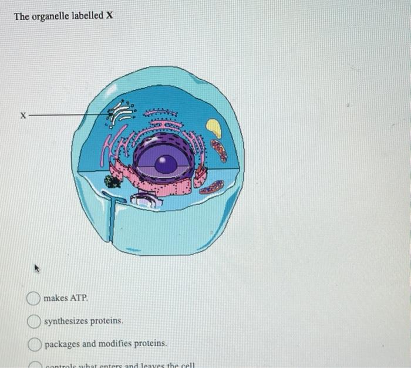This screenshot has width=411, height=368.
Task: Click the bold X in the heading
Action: coord(108,16)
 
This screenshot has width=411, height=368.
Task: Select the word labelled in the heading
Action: coord(87,16)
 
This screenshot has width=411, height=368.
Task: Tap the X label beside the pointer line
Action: coord(22,116)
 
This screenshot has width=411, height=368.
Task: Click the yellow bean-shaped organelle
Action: coord(214,128)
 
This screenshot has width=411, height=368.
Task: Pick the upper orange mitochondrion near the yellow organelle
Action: coord(219,150)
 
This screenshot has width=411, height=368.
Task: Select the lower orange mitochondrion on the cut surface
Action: coord(211,187)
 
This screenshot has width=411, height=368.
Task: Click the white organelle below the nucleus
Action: coord(144,200)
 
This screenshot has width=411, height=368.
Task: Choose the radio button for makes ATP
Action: coord(33,299)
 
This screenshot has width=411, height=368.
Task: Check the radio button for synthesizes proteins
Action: coord(33,321)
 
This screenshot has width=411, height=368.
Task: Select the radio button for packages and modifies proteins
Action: coord(33,343)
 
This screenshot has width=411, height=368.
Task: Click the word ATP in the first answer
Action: coord(79,299)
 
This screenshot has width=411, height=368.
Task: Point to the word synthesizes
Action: coord(65,322)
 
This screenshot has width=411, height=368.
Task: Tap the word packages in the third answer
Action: coord(62,344)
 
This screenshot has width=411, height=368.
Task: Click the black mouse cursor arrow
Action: coord(38,269)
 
